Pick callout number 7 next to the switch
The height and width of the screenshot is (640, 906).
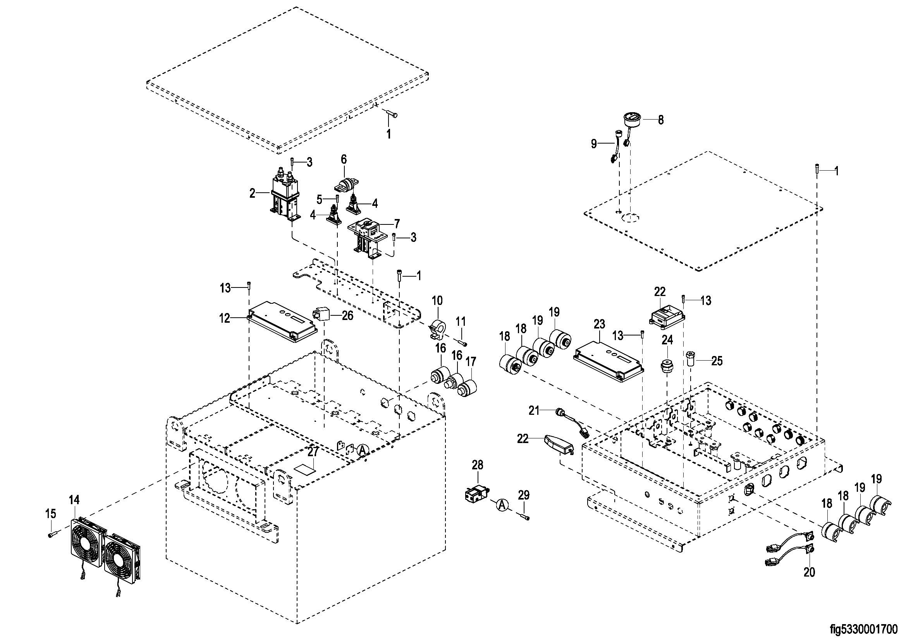[x=397, y=224]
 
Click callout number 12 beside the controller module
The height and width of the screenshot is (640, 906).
[x=225, y=318]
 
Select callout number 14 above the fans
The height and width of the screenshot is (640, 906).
[x=74, y=500]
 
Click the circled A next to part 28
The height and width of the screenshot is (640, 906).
[x=502, y=505]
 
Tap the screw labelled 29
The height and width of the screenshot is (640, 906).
[x=525, y=517]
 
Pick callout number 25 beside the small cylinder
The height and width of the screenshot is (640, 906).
[x=717, y=361]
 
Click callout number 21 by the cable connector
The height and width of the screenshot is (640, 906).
[x=534, y=411]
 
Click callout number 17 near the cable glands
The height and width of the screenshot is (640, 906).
[x=471, y=361]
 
